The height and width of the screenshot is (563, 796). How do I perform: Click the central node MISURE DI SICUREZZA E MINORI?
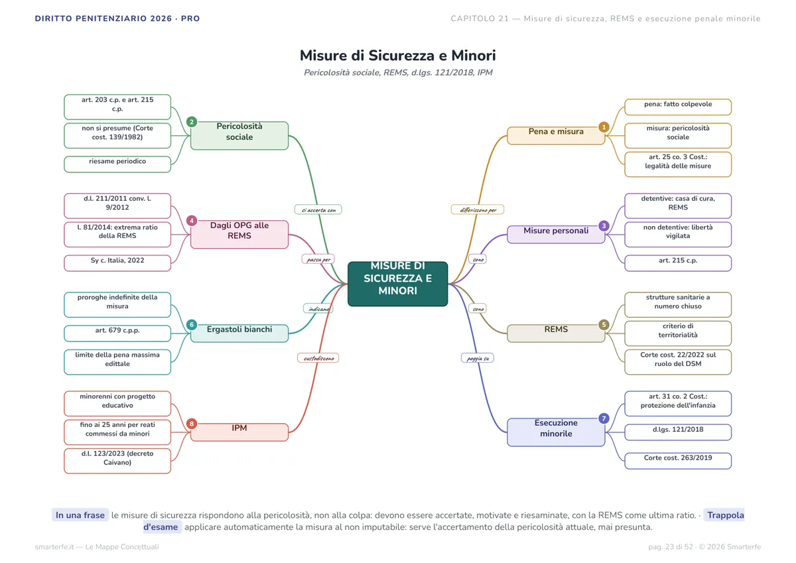[397, 284]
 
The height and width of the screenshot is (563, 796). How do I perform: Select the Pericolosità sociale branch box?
[239, 136]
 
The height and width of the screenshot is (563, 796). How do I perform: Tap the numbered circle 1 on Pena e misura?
[604, 127]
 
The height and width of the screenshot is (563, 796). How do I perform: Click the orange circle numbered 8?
[192, 423]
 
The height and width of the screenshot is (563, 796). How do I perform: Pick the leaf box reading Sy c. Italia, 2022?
[117, 263]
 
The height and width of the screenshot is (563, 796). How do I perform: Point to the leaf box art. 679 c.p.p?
[117, 333]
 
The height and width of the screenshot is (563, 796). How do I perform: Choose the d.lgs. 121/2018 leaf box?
[678, 432]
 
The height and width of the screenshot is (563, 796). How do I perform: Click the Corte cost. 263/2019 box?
[678, 461]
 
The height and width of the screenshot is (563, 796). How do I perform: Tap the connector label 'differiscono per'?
[477, 210]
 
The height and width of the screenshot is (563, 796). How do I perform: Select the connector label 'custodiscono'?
[318, 358]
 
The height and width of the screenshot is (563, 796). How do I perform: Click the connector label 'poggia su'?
[477, 358]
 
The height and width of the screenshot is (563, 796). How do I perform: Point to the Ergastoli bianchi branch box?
[239, 333]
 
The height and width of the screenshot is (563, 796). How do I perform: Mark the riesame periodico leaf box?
[117, 164]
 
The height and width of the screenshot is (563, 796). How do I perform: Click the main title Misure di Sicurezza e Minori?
[397, 56]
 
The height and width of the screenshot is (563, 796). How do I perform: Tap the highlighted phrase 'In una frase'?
[80, 515]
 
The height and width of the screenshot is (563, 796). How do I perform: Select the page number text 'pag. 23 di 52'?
[671, 546]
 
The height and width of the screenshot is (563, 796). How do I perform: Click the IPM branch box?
[239, 432]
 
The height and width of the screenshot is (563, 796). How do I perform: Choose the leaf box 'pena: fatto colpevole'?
[678, 107]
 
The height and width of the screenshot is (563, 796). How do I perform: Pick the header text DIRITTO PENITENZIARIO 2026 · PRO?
[117, 19]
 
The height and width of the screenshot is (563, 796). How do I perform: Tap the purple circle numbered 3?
[604, 225]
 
